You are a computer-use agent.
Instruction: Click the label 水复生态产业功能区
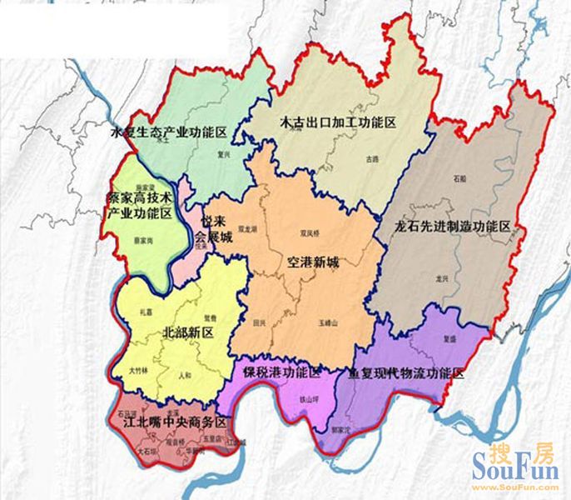tap(169, 132)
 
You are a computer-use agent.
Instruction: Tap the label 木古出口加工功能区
tap(337, 122)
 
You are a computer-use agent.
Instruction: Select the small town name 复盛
tap(449, 339)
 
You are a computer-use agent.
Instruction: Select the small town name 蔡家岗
tap(144, 239)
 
